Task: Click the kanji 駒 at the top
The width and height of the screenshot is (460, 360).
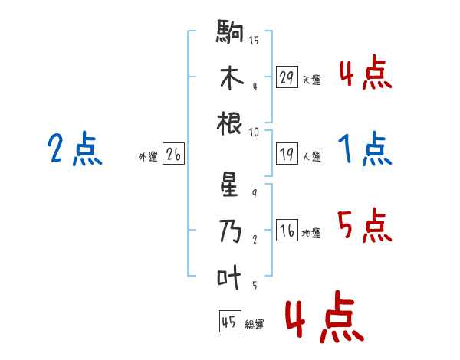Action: point(231,33)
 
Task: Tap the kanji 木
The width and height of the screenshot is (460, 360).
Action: point(231,77)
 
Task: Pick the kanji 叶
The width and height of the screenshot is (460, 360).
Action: point(231,277)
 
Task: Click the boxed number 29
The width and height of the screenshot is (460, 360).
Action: point(287,77)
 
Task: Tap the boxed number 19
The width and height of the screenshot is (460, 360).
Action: point(287,155)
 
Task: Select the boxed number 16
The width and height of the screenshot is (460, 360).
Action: point(287,231)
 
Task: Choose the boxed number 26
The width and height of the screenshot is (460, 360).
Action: point(173,155)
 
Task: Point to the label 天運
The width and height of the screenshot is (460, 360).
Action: point(311,80)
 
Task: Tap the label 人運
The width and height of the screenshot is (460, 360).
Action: point(311,157)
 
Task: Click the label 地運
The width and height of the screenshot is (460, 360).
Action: point(311,234)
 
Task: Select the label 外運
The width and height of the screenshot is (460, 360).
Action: point(148,157)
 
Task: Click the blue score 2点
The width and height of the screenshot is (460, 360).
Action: point(75,149)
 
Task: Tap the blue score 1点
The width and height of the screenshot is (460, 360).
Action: point(365,149)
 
